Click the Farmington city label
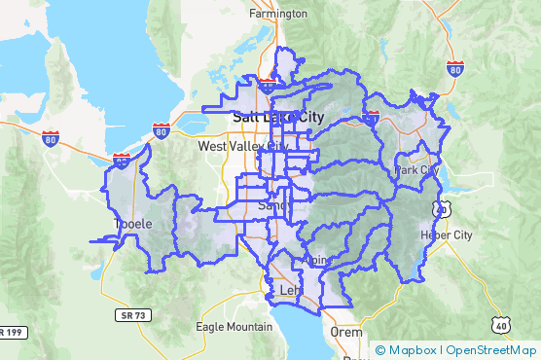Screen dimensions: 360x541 click(x=278, y=14)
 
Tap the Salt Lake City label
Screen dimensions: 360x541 click(x=278, y=118)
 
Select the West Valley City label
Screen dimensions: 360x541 click(x=243, y=146)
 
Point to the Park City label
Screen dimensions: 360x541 click(x=416, y=169)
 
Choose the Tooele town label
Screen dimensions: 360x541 click(x=133, y=224)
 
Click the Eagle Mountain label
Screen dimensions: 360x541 click(x=234, y=327)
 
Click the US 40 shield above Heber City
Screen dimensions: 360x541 click(x=443, y=208)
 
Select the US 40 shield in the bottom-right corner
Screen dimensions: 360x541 click(x=499, y=326)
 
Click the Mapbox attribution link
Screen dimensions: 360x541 click(x=413, y=350)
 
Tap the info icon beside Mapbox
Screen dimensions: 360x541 click(x=380, y=350)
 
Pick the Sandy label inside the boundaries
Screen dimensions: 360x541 click(x=272, y=206)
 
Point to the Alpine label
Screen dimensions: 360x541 click(x=318, y=260)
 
